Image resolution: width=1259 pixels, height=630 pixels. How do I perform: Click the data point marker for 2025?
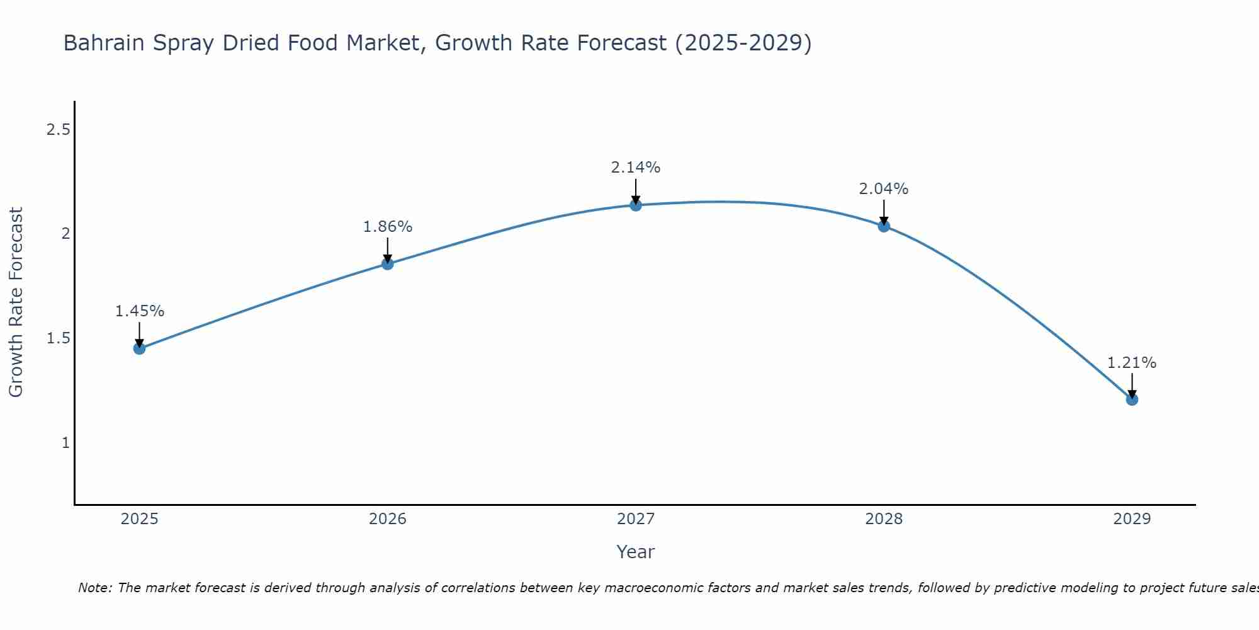(x=139, y=348)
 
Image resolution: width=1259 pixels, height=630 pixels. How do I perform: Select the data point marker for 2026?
(x=388, y=264)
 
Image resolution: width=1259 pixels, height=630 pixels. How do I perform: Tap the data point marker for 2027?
(x=636, y=205)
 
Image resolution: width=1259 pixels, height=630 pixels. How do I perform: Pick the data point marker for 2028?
(x=884, y=226)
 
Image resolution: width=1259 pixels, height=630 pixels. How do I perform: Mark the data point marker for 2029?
(x=1132, y=399)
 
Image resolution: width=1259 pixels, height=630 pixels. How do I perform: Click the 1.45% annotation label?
(x=140, y=311)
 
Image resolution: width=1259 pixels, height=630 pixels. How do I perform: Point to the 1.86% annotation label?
(x=388, y=227)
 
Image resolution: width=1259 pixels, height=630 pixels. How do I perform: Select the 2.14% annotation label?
(x=636, y=168)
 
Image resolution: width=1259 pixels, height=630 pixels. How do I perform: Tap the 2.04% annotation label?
(x=884, y=189)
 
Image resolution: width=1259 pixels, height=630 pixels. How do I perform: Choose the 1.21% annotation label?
(x=1132, y=363)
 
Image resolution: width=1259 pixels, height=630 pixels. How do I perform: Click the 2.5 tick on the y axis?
(x=58, y=130)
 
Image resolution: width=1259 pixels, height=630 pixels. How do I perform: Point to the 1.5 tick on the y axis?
(x=58, y=338)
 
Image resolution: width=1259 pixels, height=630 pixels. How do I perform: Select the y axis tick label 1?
(x=65, y=443)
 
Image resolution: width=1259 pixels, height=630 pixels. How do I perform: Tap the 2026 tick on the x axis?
(x=388, y=519)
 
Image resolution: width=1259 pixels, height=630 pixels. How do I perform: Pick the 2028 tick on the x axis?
(x=884, y=519)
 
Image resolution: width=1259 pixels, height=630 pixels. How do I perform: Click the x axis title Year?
(x=636, y=552)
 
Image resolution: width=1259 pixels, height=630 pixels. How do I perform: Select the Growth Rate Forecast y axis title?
(x=16, y=302)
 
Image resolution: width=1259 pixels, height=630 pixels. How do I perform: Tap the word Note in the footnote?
(x=94, y=588)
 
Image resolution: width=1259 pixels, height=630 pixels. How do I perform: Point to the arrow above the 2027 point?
(x=636, y=191)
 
